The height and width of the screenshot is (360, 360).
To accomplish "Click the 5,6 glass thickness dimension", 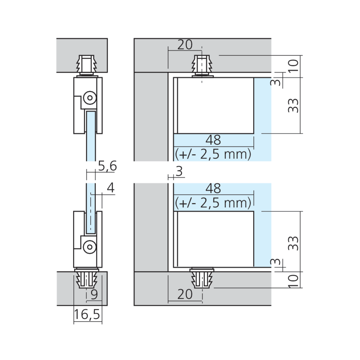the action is [x=107, y=166].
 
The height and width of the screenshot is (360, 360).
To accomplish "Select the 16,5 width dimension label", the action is [x=87, y=314].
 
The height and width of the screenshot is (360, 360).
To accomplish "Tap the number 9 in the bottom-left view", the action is [x=94, y=294].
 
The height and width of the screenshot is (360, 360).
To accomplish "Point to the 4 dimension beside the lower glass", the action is [x=111, y=188].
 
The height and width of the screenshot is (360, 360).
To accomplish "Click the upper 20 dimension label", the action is [x=185, y=45].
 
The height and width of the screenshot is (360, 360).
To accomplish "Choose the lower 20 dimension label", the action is [x=185, y=294].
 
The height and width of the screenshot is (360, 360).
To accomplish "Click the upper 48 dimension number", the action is [x=213, y=140].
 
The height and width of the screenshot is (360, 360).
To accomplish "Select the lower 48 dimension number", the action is [x=213, y=189].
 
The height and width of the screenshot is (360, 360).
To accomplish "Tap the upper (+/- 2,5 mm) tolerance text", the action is [x=213, y=154].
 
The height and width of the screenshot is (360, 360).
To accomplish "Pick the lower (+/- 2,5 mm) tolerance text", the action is [x=213, y=203].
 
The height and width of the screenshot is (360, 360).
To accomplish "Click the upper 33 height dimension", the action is [x=293, y=105].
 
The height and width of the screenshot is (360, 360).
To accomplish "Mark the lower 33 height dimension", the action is [x=293, y=243].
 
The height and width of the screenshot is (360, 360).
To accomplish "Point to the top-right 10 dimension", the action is [x=293, y=66].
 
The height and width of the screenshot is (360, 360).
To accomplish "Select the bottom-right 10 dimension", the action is [x=293, y=281].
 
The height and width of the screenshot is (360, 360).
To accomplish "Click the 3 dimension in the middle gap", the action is [x=179, y=171].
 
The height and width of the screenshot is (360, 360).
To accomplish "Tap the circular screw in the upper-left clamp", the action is [x=90, y=98].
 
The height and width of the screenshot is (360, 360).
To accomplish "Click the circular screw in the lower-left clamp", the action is [x=90, y=247].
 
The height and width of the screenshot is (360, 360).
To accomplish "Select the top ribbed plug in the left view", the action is [x=87, y=65].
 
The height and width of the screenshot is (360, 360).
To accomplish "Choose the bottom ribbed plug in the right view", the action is [x=202, y=278].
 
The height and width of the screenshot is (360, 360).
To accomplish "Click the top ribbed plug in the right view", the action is [x=202, y=66].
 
